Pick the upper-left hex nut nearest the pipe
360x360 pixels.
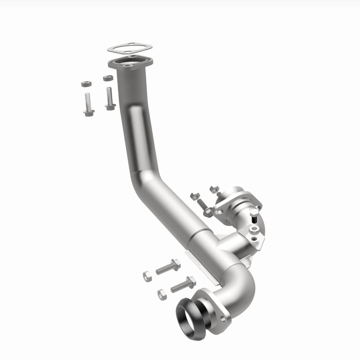point(108,78)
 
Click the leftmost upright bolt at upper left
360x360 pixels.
point(88,103)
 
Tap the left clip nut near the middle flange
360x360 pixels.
point(194,195)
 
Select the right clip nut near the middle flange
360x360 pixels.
point(214,189)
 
